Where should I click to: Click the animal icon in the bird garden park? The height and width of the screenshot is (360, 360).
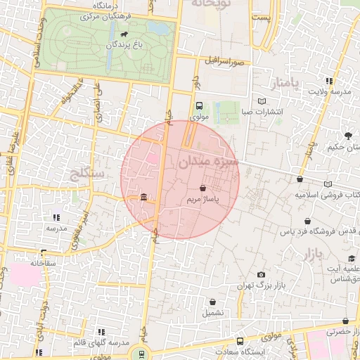[124, 34]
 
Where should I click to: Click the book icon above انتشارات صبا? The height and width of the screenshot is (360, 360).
[262, 101]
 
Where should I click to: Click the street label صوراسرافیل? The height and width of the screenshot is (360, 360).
[224, 62]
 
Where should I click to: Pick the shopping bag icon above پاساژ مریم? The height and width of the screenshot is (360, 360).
[203, 188]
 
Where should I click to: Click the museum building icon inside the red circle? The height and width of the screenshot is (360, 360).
[144, 197]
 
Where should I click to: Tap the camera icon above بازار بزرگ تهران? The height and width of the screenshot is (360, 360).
[262, 274]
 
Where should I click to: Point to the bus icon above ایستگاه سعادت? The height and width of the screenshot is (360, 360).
[240, 341]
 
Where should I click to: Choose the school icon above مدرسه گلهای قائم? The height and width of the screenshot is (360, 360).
[101, 331]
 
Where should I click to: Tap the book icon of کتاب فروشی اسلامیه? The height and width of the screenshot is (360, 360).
[328, 184]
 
